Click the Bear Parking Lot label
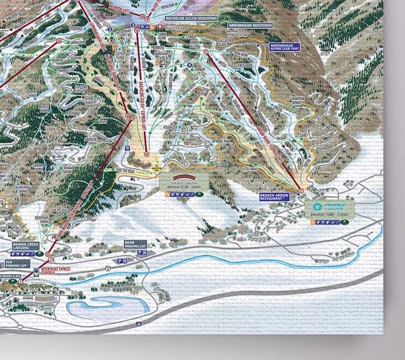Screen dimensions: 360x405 tap(135, 245)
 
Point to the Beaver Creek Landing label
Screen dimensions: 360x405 tap(24, 247)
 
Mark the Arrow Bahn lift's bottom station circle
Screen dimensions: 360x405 tap(301, 190)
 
